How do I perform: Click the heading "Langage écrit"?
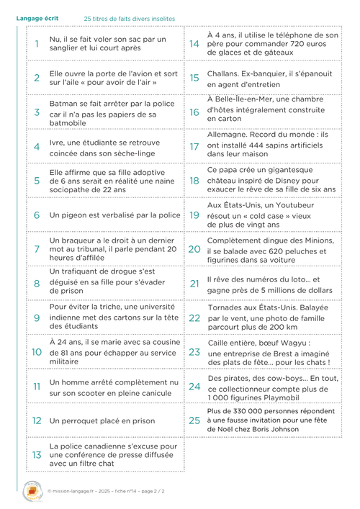point(35,17)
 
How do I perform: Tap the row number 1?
point(37,43)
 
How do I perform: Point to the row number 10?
point(37,352)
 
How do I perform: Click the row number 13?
point(37,455)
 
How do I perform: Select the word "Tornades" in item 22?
point(226,307)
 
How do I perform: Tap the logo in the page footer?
point(33,490)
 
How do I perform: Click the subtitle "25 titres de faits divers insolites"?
point(130,18)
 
